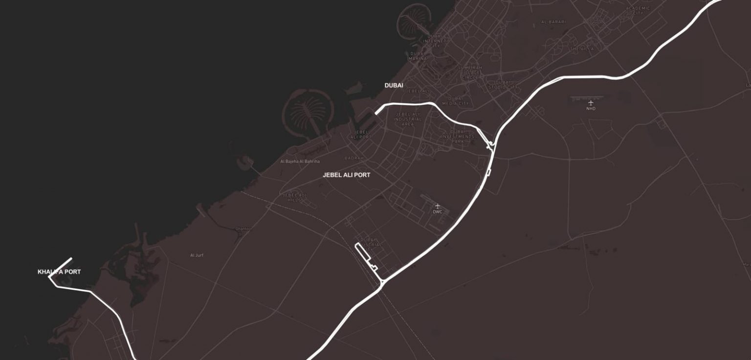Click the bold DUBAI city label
pyautogui.click(x=394, y=86)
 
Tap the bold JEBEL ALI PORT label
pyautogui.click(x=346, y=175)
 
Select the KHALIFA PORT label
pyautogui.click(x=59, y=272)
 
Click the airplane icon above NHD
pyautogui.click(x=591, y=103)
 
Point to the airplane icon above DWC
pyautogui.click(x=437, y=206)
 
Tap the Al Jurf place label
pyautogui.click(x=197, y=255)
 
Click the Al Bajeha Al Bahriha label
pyautogui.click(x=300, y=161)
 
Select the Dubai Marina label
pyautogui.click(x=418, y=56)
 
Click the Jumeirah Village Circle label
pyautogui.click(x=470, y=72)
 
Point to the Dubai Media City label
pyautogui.click(x=455, y=101)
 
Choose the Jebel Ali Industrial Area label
pyautogui.click(x=407, y=119)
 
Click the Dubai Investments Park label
pyautogui.click(x=458, y=136)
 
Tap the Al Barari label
pyautogui.click(x=553, y=22)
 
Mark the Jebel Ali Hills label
pyautogui.click(x=295, y=197)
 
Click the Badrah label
pyautogui.click(x=354, y=158)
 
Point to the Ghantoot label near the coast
pyautogui.click(x=243, y=228)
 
